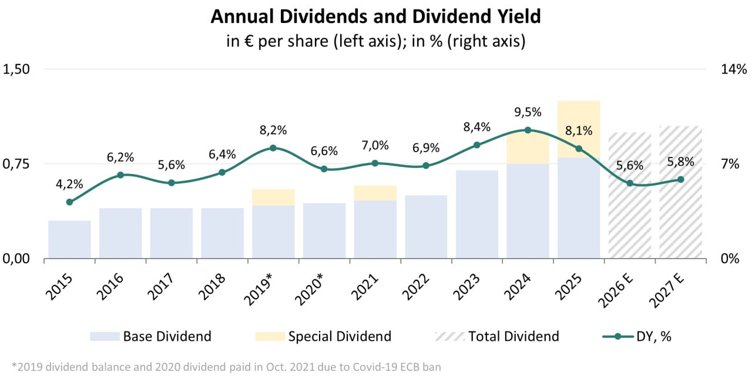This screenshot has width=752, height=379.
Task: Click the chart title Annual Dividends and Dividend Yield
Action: pos(375,17)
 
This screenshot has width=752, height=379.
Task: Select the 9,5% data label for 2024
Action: pos(528,112)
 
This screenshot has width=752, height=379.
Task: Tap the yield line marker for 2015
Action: pos(69,202)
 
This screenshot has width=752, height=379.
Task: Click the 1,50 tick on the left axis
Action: pos(16,69)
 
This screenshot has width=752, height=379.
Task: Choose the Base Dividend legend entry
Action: pos(150,337)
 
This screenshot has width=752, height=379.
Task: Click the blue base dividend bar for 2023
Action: pos(476,214)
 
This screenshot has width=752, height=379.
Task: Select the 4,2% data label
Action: pos(70,184)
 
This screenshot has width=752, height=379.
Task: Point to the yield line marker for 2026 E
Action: pos(630,183)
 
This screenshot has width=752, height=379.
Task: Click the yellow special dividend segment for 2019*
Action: pos(273,197)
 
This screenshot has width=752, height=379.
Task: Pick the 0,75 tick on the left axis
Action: pos(16,164)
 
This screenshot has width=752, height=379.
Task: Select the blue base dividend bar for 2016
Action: pos(120,233)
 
